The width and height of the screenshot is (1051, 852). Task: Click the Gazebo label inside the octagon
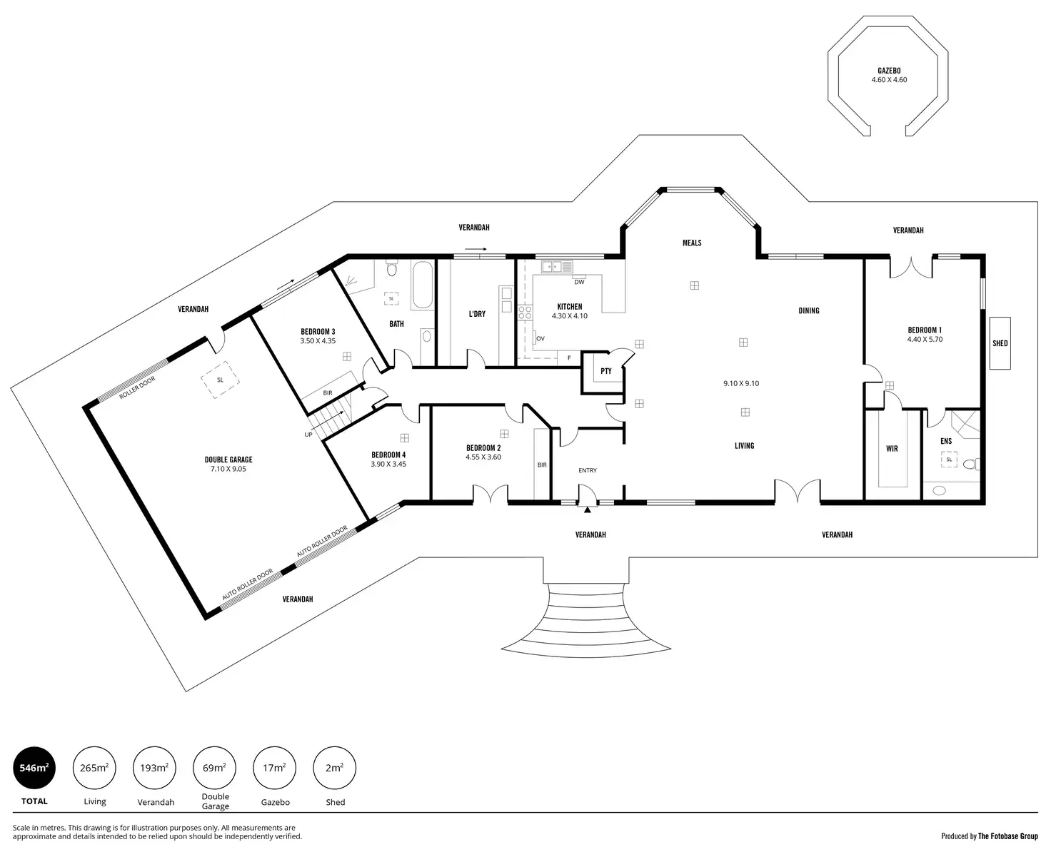[889, 71]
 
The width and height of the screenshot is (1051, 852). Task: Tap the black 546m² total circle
[34, 768]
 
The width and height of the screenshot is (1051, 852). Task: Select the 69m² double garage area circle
[215, 768]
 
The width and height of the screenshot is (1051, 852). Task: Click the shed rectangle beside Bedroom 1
[1000, 343]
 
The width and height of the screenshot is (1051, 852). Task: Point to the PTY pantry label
[606, 371]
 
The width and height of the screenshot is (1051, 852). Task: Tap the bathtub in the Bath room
[423, 285]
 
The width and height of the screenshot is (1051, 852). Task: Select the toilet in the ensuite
[971, 464]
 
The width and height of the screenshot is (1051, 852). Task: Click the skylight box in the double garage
[220, 380]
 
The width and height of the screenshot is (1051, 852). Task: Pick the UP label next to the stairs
[308, 435]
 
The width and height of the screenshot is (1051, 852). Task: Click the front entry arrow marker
[587, 510]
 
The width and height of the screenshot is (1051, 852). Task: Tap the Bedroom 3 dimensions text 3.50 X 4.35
[318, 340]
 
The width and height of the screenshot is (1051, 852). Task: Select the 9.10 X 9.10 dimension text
[741, 383]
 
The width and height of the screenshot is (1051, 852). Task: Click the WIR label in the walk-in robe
[892, 449]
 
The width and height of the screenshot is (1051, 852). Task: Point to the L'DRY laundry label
[477, 313]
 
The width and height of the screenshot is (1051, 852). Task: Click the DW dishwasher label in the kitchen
[579, 283]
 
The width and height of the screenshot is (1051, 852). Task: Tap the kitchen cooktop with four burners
[525, 312]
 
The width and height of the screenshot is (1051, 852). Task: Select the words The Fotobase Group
[1008, 836]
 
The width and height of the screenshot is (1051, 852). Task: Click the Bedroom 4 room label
[388, 455]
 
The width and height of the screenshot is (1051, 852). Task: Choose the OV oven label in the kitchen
[540, 339]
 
